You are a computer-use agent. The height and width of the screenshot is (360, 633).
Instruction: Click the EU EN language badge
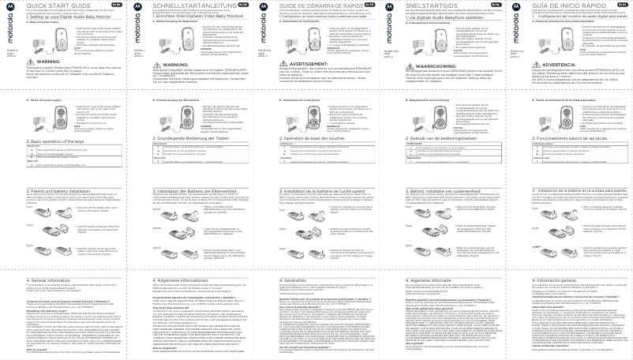click(x=114, y=4)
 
